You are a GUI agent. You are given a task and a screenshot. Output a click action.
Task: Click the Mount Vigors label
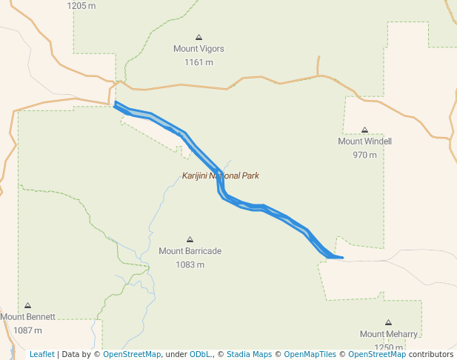[x=199, y=49]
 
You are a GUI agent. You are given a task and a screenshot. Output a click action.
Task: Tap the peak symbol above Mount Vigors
[x=199, y=37]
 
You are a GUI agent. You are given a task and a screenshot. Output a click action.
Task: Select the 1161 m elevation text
[x=199, y=62]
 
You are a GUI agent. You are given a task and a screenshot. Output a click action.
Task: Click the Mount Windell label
[x=364, y=141]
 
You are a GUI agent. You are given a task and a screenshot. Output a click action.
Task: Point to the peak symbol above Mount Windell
[x=364, y=130]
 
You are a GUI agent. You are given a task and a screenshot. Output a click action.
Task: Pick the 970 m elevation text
[x=364, y=155]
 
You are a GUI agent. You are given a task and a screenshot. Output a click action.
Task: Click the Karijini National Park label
[x=220, y=176]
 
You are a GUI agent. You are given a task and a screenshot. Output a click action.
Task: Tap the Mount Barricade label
[x=190, y=251]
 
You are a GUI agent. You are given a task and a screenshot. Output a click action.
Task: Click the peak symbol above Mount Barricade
[x=190, y=239]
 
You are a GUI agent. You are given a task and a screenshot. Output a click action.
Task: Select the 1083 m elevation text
[x=190, y=264]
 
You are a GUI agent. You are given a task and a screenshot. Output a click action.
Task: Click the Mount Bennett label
[x=28, y=317]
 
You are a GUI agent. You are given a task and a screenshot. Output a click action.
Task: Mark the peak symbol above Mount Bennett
[x=28, y=305]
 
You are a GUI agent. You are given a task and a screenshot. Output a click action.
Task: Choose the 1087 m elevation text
[x=28, y=330]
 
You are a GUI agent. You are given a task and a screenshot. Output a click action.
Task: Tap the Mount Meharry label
[x=388, y=334]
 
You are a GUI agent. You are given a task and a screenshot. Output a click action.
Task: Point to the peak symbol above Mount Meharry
[x=388, y=322]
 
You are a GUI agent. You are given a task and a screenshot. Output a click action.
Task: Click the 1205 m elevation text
[x=81, y=6]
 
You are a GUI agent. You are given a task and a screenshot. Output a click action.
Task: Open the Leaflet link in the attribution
[x=41, y=354]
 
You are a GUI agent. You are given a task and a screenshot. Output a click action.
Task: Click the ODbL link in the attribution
[x=200, y=354]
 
